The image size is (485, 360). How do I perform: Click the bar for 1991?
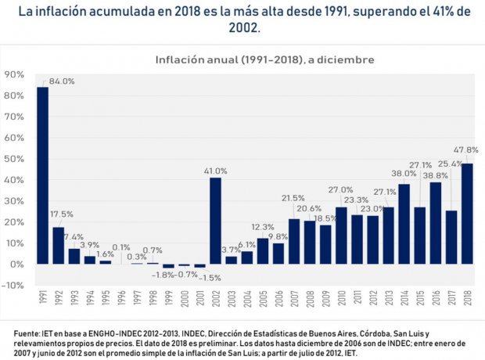(42, 175)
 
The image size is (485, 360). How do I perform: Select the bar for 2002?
(216, 221)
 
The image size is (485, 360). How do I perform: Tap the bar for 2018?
(467, 214)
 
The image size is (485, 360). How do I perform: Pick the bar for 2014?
(404, 224)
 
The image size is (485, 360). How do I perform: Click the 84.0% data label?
(62, 81)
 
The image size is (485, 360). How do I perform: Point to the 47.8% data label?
(467, 149)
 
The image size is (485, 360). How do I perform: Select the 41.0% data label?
(216, 171)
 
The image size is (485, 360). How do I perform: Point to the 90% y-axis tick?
(14, 74)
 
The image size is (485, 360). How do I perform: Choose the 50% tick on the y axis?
(14, 159)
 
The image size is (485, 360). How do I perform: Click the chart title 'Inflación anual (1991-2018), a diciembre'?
(264, 59)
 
